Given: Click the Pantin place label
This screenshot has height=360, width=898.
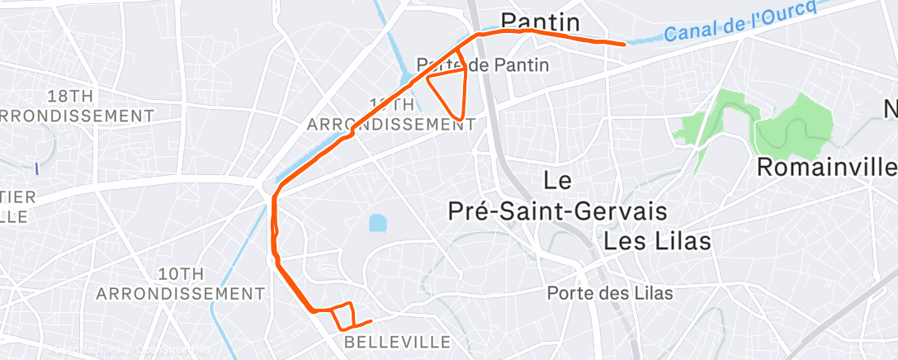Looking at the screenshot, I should point(541,20).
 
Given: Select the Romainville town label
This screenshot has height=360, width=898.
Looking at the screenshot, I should point(825,167).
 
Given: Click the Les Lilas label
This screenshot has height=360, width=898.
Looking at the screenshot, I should point(657,241).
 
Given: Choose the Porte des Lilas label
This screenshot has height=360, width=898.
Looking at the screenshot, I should point(609,293).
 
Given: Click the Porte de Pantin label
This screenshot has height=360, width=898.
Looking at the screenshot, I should point(483,64).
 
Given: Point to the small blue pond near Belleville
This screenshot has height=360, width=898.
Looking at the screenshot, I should point(377,223).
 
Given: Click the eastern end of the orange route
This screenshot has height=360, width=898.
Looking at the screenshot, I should point(623,44).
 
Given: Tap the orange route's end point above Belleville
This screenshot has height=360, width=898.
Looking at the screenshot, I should point(371,320).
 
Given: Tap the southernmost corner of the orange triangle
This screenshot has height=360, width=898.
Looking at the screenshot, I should point(460,118).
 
